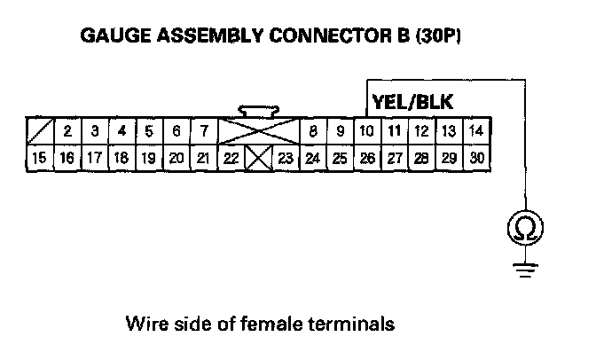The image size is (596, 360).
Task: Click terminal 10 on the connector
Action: pos(365,131)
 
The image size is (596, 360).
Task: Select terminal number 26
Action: pos(365,159)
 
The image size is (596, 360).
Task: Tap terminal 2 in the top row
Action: pos(67,131)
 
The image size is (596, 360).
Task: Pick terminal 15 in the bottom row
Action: pos(39,159)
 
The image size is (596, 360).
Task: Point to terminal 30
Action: pos(477,159)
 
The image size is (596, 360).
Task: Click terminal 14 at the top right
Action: pos(476,131)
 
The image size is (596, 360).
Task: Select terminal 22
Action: pos(230,160)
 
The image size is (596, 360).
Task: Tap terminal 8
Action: pos(313,132)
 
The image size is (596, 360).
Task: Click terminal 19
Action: pos(148,159)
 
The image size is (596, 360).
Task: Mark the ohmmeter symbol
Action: pos(524,230)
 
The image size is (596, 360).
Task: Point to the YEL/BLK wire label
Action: pos(412,101)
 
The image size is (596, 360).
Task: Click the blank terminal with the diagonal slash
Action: pos(39,131)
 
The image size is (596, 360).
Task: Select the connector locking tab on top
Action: pos(258,112)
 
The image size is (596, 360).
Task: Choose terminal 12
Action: pos(421,131)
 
